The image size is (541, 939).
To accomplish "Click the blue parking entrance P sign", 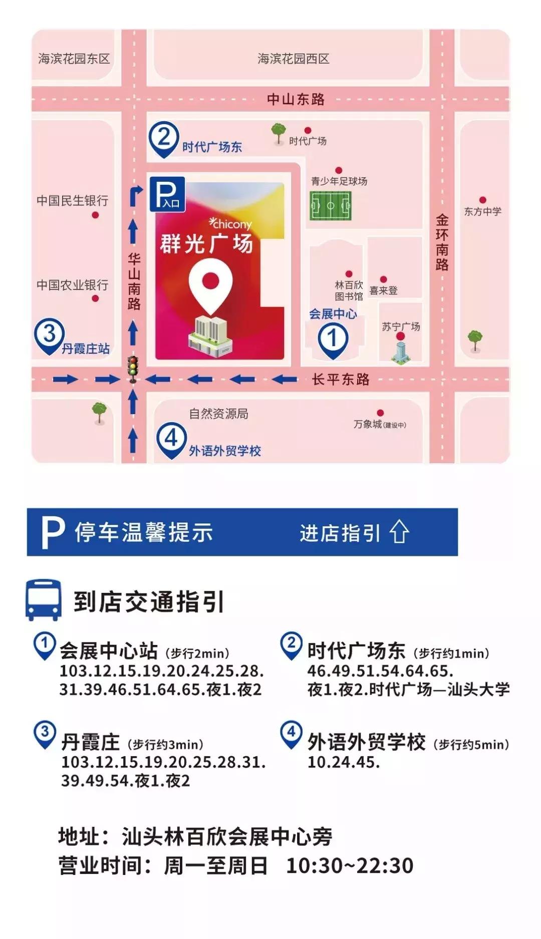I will point(167,194).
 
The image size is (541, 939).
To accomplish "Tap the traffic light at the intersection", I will point(133,370).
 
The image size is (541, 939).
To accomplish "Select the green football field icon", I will point(331,205).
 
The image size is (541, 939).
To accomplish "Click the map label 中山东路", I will point(296,99).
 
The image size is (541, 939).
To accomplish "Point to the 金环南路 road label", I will point(442,242).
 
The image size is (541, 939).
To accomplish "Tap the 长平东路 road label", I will point(341,379).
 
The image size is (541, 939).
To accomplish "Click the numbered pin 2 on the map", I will point(164,138).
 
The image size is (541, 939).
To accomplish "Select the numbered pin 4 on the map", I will point(171,439).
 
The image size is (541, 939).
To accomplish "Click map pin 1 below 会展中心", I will point(333,339).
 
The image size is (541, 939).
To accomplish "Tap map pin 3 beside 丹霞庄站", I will point(49,335).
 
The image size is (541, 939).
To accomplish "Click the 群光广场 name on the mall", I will point(206,244).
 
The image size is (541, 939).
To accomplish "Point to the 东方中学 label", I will point(482,211).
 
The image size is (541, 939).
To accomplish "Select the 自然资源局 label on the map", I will point(218,414).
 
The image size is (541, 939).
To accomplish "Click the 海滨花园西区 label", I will point(294,59).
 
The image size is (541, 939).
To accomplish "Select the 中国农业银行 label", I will point(73,285).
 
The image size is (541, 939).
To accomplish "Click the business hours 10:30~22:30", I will point(350,865).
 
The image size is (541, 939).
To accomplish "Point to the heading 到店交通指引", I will point(149,601).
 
